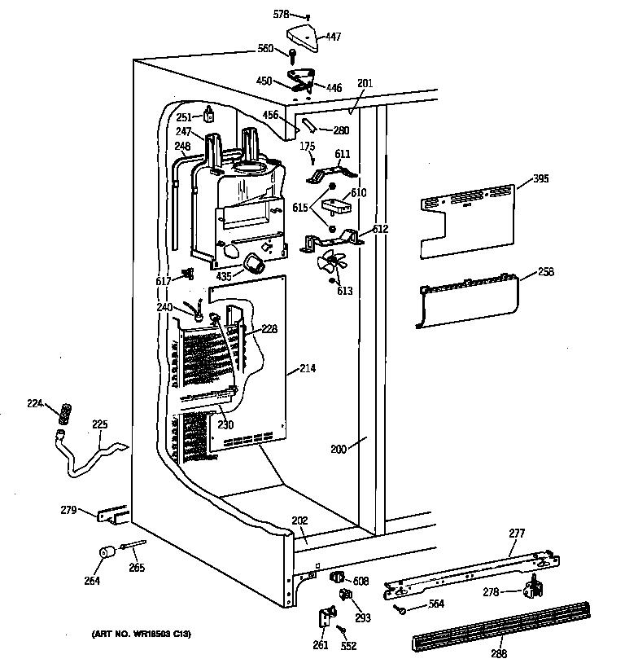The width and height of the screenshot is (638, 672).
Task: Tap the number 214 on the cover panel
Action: click(x=306, y=369)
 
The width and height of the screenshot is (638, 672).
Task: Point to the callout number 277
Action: click(x=517, y=533)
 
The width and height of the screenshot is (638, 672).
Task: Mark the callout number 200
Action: click(x=338, y=449)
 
